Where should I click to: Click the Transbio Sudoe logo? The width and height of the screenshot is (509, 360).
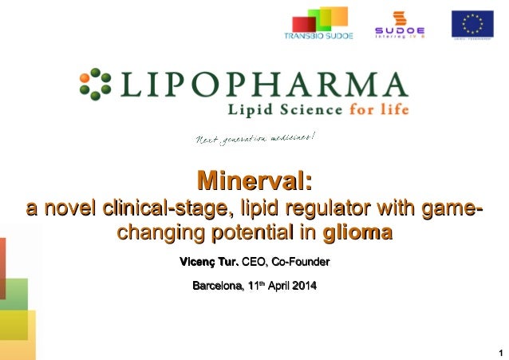click(318, 24)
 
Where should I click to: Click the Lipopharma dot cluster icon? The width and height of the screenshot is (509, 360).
click(95, 83)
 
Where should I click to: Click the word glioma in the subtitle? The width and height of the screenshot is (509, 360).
click(357, 234)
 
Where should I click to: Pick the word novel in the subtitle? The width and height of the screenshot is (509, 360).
click(69, 210)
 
